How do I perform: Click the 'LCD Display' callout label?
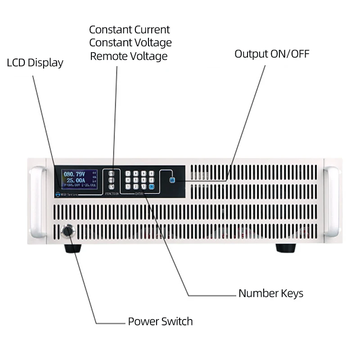point(35,63)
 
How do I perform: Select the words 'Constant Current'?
point(130,30)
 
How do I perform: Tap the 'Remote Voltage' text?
point(129,56)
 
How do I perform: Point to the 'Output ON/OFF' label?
point(272,54)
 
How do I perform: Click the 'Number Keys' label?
point(270,293)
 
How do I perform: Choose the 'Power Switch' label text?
point(160,321)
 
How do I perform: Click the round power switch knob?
point(68,231)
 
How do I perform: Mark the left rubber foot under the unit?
point(73,248)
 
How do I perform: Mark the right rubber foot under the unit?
point(285,248)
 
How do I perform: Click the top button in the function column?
point(112,173)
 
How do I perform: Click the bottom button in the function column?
point(112,186)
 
